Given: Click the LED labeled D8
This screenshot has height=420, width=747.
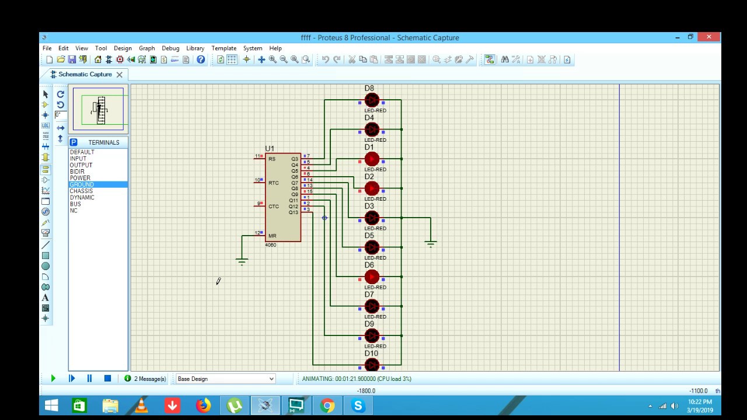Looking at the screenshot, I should tap(372, 100).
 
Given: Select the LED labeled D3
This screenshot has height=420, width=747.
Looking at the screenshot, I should tap(372, 218).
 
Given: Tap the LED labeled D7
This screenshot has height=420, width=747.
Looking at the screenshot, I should tap(372, 306).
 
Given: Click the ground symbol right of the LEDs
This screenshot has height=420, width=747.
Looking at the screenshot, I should tap(431, 243).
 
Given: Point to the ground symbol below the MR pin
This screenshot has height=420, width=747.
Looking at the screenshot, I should tap(242, 261).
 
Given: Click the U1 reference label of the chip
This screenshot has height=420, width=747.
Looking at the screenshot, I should tap(269, 149).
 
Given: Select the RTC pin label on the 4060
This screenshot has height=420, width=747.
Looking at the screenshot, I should tap(273, 183).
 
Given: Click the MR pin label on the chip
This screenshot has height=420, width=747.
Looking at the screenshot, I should tap(272, 236).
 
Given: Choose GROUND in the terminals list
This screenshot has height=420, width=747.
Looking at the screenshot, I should tap(82, 184).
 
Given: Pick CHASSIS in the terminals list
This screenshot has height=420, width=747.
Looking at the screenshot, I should tap(81, 191).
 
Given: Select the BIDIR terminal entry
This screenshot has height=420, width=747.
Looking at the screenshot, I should tap(77, 171).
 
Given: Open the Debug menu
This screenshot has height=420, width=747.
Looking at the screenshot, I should tap(170, 48).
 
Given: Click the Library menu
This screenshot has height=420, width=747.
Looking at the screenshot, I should tap(195, 48).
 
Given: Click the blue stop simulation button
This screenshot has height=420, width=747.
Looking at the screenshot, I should tap(107, 379).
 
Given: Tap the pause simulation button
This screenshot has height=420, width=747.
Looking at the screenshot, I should tap(89, 379).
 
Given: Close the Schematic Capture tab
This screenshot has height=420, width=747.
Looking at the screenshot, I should tap(119, 75).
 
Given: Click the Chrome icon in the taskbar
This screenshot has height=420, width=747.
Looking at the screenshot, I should tap(327, 405).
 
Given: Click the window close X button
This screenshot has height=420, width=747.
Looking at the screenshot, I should tap(708, 37).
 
